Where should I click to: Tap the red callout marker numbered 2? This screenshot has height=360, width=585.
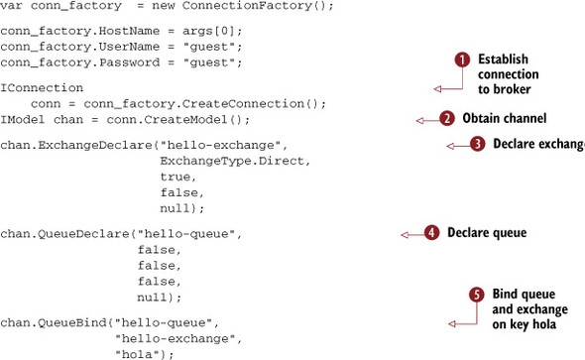[447, 119]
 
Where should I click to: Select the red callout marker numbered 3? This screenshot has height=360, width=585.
[477, 144]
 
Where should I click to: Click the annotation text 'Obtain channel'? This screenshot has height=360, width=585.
[500, 119]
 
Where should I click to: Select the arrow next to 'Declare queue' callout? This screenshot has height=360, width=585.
[410, 234]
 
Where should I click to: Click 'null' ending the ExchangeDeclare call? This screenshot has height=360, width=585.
[177, 209]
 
